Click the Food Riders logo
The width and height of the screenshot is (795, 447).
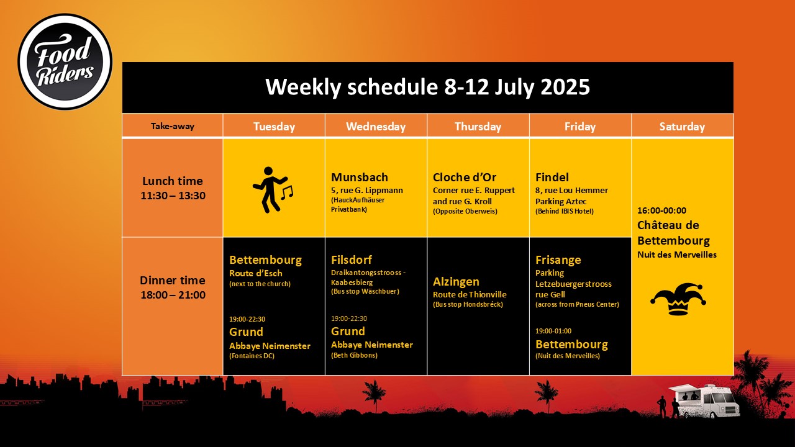pyautogui.click(x=65, y=61)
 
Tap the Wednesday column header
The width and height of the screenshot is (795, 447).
pyautogui.click(x=376, y=126)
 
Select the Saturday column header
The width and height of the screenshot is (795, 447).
pyautogui.click(x=682, y=126)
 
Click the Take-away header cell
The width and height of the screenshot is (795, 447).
pyautogui.click(x=173, y=126)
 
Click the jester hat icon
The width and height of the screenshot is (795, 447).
pyautogui.click(x=678, y=299)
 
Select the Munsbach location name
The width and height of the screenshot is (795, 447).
pyautogui.click(x=360, y=177)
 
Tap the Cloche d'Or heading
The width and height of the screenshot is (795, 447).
pyautogui.click(x=465, y=177)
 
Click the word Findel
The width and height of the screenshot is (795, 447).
pyautogui.click(x=552, y=177)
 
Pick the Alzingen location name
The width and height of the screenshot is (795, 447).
pyautogui.click(x=456, y=282)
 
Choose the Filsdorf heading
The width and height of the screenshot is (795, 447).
pyautogui.click(x=352, y=260)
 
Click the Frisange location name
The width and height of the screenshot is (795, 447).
pyautogui.click(x=558, y=260)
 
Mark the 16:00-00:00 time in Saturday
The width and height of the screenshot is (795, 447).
pyautogui.click(x=661, y=210)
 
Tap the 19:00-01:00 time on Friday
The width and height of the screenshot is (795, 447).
pyautogui.click(x=553, y=331)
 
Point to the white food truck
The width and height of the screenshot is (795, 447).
pyautogui.click(x=704, y=400)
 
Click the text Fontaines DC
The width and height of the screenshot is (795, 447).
pyautogui.click(x=252, y=356)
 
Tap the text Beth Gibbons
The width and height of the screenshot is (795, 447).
pyautogui.click(x=354, y=355)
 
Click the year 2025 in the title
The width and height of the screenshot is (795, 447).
pyautogui.click(x=565, y=87)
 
